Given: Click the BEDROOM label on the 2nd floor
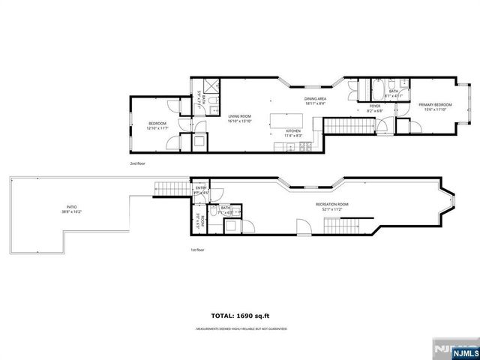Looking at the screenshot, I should tap(157, 123).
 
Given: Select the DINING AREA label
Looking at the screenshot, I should tap(315, 99).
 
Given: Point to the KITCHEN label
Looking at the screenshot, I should tap(292, 130).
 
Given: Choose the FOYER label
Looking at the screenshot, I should tap(374, 106).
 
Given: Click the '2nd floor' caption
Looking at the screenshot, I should tap(138, 162).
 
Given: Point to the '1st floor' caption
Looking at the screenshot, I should tap(199, 251).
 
